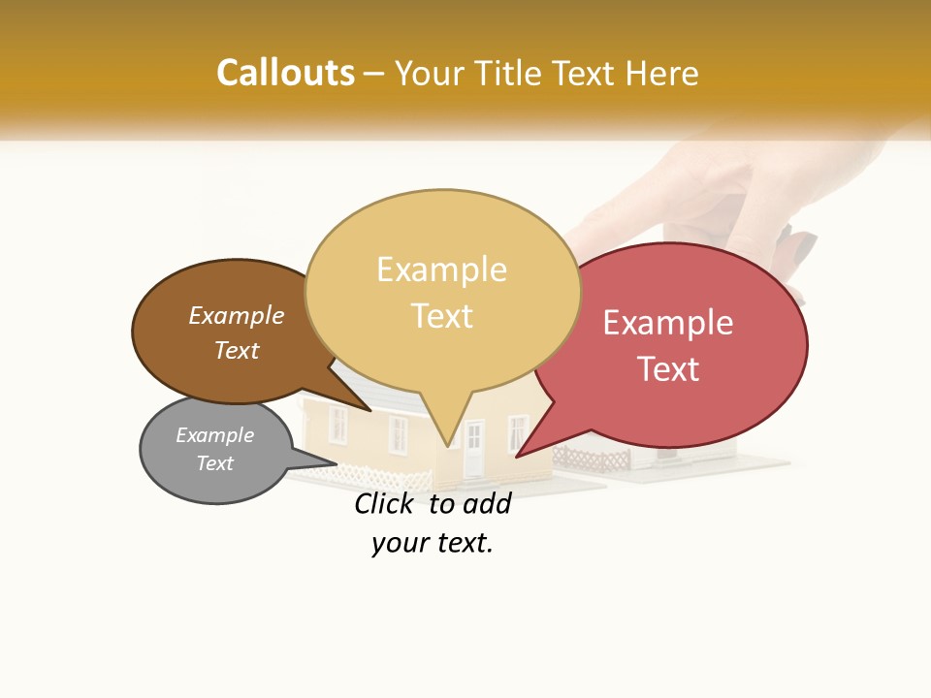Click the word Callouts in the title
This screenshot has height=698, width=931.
tap(285, 73)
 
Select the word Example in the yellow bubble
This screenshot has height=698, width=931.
tap(441, 270)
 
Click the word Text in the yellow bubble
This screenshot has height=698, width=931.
tap(441, 316)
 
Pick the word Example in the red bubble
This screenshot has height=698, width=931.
tap(668, 323)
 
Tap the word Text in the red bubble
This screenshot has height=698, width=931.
tap(668, 369)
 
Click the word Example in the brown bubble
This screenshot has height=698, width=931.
tap(236, 315)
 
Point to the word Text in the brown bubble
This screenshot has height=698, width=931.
tap(236, 350)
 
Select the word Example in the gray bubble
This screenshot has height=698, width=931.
tap(214, 435)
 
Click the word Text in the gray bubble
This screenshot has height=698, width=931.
tap(214, 463)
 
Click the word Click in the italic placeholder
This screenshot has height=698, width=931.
tap(383, 503)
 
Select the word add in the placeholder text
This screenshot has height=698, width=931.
tap(487, 503)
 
